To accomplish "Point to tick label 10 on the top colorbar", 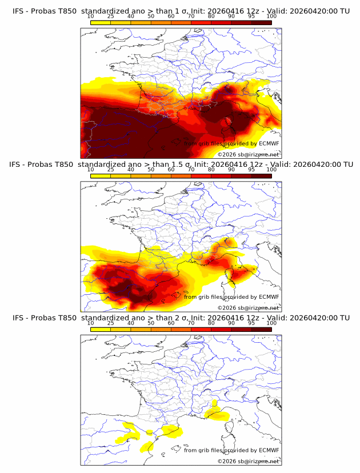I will point(91,17).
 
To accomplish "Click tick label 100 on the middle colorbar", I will point(271,170).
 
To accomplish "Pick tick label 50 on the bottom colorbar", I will point(151,323).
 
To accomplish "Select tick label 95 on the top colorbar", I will point(251,17).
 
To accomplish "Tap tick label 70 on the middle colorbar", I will point(191,170).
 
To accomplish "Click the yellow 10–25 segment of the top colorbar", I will point(101,22).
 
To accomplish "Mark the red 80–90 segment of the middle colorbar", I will point(221,175).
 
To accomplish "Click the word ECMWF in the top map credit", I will point(269,144).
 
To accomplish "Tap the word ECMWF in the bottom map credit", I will point(269,450).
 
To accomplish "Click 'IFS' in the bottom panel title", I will point(18,318).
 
